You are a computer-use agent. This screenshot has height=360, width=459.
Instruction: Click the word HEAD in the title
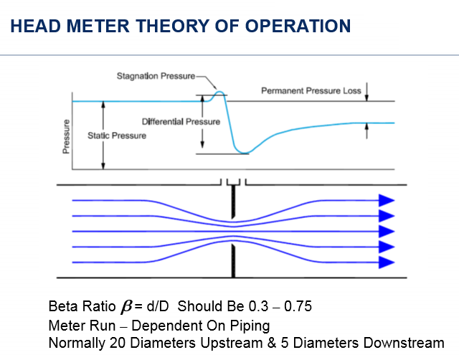(34, 27)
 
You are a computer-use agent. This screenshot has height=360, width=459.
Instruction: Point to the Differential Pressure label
(181, 122)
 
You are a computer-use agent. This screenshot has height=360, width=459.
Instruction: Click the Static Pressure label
(117, 136)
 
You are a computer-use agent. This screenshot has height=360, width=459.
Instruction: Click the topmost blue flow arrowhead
(387, 200)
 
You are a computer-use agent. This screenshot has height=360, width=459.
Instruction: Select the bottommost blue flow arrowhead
(387, 262)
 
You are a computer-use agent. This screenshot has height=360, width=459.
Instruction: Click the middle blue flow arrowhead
(387, 231)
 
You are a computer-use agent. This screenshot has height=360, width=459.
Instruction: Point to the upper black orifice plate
(233, 204)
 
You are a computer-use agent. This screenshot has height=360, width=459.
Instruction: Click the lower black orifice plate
(233, 262)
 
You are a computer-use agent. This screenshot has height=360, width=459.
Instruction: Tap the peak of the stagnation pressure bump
(220, 93)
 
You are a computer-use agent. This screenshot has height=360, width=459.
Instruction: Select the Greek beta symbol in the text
(125, 306)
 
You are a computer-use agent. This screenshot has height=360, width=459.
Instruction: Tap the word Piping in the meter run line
(249, 325)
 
